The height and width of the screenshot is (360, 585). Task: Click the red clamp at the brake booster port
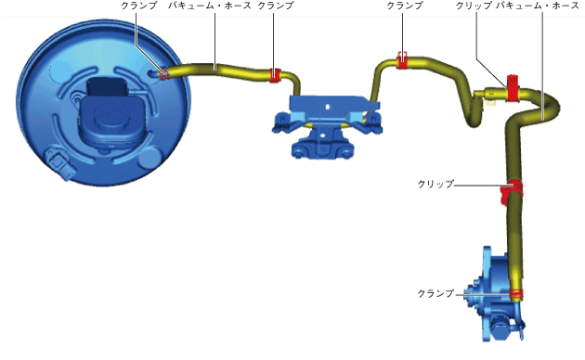coord(163,74)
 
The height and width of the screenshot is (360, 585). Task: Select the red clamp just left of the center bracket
coord(275,75)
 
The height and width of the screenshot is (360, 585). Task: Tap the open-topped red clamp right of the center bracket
coord(402,60)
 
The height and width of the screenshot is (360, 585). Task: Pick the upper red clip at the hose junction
coord(513,88)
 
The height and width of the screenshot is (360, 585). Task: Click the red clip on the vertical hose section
coord(511,191)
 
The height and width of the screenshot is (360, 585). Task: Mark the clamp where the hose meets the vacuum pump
coord(516,295)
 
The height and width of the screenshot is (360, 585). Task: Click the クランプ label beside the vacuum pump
coord(435,294)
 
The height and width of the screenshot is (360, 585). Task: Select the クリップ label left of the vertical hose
coord(435,184)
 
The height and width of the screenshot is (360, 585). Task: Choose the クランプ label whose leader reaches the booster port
coord(138,6)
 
